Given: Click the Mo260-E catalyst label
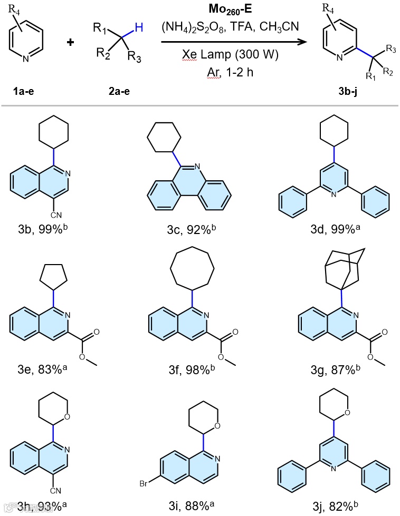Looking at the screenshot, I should point(234,9).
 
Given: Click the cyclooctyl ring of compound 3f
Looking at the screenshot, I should point(193,273).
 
